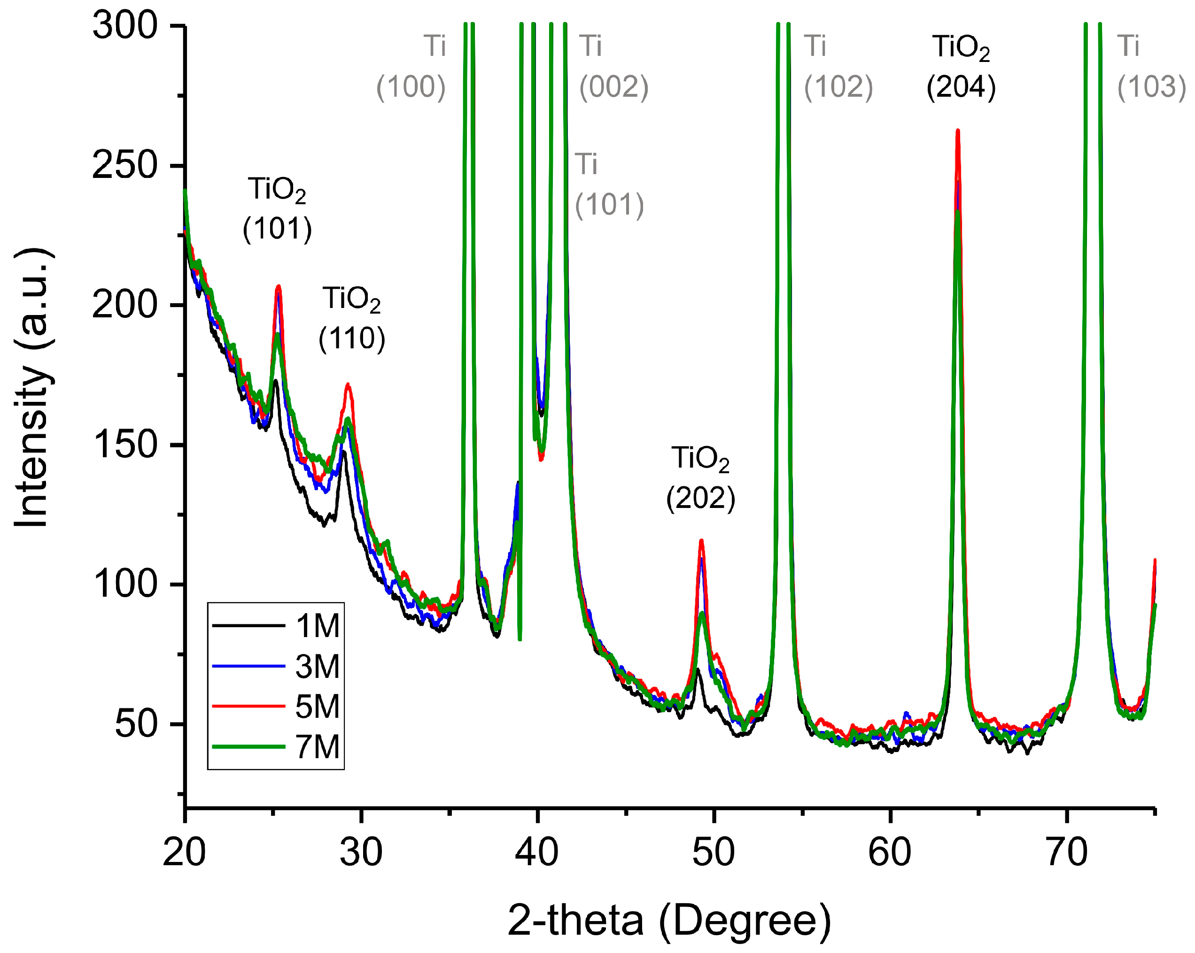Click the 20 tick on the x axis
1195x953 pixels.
point(185,853)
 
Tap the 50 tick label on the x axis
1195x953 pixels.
point(714,853)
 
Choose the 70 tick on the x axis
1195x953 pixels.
point(1067,853)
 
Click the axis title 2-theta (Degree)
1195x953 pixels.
point(669,920)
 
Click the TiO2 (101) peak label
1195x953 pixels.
point(277,209)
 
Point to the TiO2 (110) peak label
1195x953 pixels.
point(351,319)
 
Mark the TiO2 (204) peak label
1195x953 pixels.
point(961,67)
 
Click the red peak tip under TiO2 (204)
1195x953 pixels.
point(958,131)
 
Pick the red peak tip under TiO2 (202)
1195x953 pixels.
point(702,541)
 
